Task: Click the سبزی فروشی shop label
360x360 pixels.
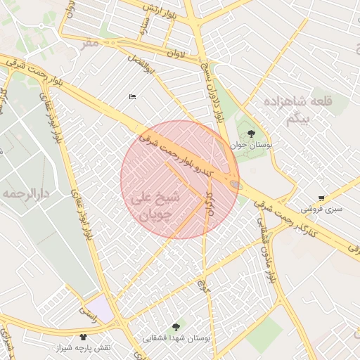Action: click(321, 209)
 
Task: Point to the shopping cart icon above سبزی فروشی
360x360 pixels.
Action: click(321, 198)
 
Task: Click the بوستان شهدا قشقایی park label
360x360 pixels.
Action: click(176, 337)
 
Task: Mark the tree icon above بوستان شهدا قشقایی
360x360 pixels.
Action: click(176, 325)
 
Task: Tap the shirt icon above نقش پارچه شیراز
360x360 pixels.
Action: click(84, 337)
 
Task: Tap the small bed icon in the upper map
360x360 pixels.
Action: click(131, 97)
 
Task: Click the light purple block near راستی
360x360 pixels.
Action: click(102, 308)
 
